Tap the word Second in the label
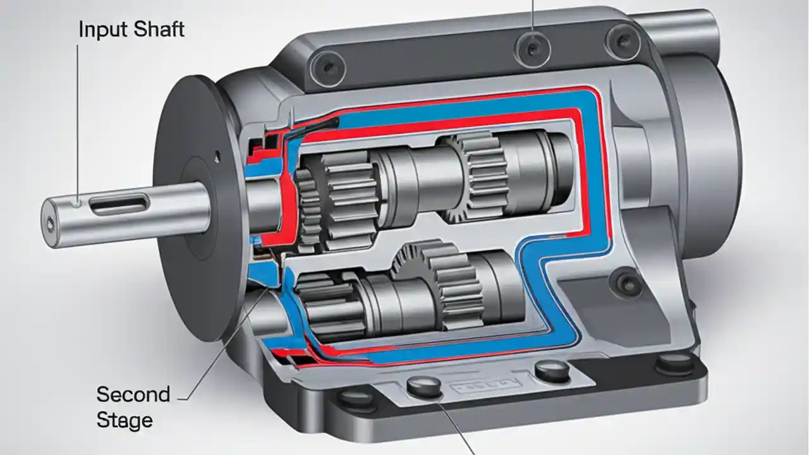pos(133,395)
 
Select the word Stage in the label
pos(124,420)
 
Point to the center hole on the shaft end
pos(51,222)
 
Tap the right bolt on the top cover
pos(623,40)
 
